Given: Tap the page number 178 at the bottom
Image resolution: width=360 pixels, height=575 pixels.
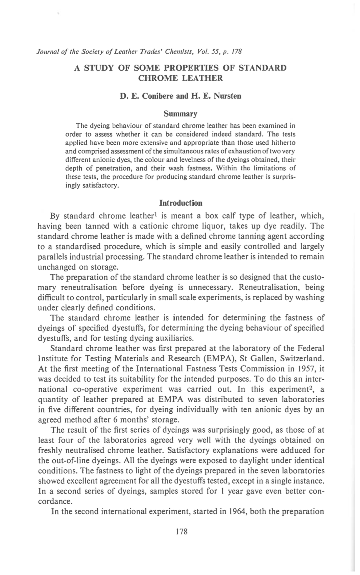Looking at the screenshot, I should pyautogui.click(x=182, y=532).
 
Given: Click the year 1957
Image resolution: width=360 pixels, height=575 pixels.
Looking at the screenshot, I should pyautogui.click(x=306, y=369).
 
